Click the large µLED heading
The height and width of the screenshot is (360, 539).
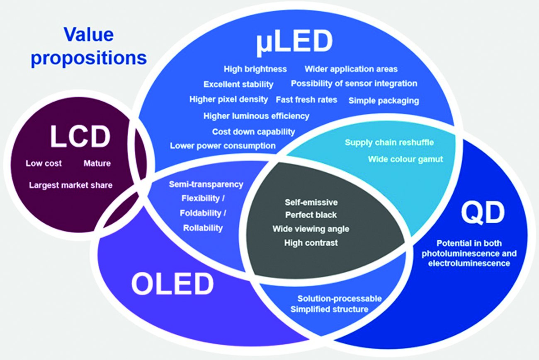(x=294, y=43)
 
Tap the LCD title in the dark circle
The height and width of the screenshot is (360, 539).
(x=80, y=136)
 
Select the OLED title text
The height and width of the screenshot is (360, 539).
(x=172, y=284)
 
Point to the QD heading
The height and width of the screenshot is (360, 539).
(x=483, y=213)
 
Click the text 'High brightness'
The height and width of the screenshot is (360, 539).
(x=255, y=69)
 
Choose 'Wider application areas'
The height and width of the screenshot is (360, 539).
(x=351, y=69)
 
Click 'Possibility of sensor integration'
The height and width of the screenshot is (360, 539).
(x=354, y=84)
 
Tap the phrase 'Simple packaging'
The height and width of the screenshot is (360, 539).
(x=384, y=101)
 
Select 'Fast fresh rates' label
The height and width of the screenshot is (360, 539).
(x=306, y=100)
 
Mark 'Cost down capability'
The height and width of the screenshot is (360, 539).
(x=253, y=132)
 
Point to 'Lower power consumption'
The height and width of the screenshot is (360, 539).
(x=223, y=146)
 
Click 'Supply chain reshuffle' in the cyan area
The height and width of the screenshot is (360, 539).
(x=389, y=143)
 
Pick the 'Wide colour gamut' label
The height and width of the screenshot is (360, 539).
(x=405, y=159)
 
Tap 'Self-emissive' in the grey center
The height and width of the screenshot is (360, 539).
(x=311, y=203)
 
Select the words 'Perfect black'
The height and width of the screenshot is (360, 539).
(x=311, y=215)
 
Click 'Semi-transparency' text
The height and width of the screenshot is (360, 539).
(x=206, y=184)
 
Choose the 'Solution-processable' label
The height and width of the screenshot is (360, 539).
(x=340, y=298)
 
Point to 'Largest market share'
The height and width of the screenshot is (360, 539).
(x=71, y=185)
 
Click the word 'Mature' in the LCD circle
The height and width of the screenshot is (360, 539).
(x=97, y=164)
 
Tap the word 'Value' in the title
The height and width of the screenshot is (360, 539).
(x=89, y=35)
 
